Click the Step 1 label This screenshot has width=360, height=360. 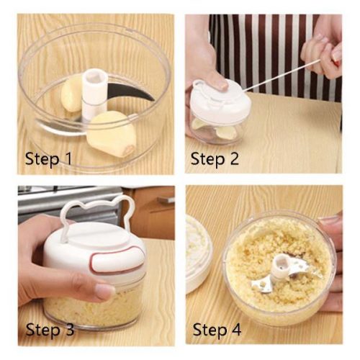(x=48, y=158)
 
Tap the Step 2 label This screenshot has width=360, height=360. (x=215, y=158)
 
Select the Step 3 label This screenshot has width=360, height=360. (x=50, y=329)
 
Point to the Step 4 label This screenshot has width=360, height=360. (x=217, y=329)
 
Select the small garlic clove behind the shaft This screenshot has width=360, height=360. (x=71, y=96)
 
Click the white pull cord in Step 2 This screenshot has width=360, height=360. (x=281, y=76)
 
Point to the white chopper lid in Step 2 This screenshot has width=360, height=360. (x=221, y=100)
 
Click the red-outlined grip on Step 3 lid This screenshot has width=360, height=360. (x=117, y=261)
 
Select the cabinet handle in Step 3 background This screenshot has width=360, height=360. (x=166, y=199)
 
